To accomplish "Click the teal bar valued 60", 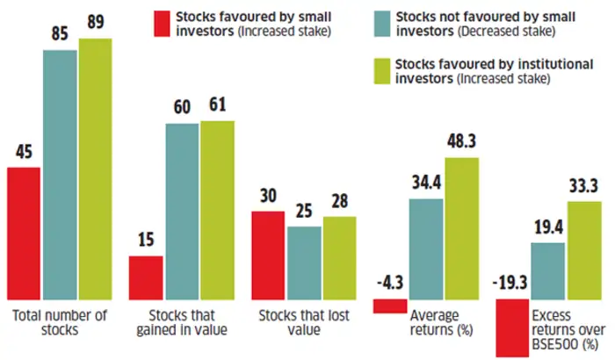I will coord(182,211).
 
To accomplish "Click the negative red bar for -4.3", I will coord(389,306).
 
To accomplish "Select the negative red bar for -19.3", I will coord(511,327).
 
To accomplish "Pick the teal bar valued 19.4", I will coord(547,270).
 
